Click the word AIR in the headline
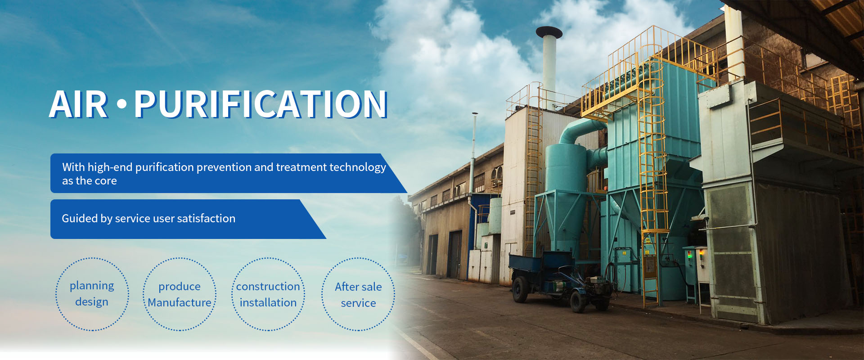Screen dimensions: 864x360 (79, 104)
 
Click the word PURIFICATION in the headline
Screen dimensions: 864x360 (261, 104)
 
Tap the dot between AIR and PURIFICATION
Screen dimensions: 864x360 (121, 104)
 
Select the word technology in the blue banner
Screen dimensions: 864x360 (358, 167)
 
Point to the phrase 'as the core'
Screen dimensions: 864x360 (90, 181)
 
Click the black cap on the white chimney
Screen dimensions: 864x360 (549, 32)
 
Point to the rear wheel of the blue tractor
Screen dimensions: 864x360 (521, 289)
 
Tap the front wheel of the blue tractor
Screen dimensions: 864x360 (579, 301)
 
